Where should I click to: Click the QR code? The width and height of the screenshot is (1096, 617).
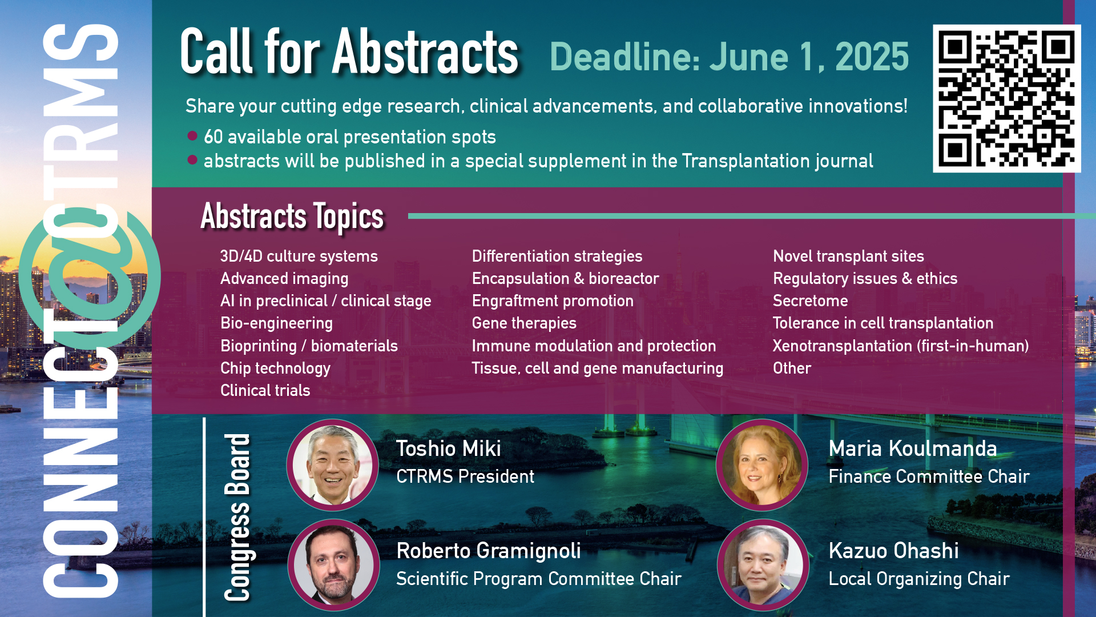tap(1007, 98)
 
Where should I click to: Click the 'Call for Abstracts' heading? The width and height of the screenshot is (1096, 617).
tap(349, 53)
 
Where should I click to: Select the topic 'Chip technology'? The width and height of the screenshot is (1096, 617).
tap(275, 368)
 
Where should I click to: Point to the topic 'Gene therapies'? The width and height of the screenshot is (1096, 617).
tap(524, 323)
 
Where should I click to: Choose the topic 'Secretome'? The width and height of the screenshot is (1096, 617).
tap(810, 301)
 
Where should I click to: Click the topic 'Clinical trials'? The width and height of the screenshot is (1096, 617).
tap(265, 391)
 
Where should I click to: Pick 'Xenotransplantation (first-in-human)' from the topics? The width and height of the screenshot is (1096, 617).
tap(901, 346)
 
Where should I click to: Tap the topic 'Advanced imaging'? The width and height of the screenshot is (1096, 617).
tap(284, 279)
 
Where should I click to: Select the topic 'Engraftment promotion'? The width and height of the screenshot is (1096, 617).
tap(553, 301)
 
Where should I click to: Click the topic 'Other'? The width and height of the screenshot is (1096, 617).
tap(792, 368)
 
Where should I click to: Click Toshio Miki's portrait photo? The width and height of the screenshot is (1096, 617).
tap(333, 465)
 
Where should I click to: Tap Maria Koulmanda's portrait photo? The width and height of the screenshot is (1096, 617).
tap(762, 465)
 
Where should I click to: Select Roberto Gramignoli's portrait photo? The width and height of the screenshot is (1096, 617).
tap(333, 565)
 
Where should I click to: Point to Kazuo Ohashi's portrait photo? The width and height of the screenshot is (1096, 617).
tap(763, 565)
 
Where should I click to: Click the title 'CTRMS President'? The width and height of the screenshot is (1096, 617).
tap(465, 476)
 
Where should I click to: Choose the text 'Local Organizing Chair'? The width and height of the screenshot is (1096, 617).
tap(919, 579)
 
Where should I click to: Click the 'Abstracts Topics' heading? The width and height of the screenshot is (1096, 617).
tap(292, 217)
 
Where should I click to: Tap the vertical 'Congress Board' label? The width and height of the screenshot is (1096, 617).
tap(237, 518)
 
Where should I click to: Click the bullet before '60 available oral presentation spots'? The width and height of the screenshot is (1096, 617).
tap(192, 136)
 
